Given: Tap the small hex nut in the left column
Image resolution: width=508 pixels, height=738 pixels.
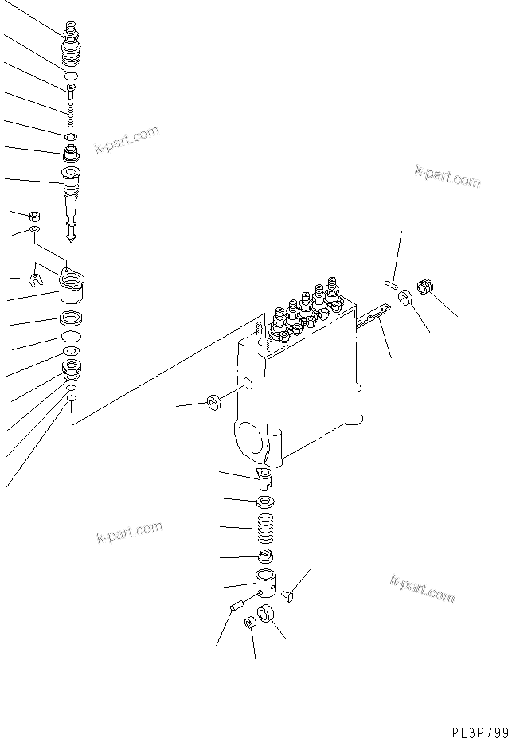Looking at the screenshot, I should pyautogui.click(x=35, y=215).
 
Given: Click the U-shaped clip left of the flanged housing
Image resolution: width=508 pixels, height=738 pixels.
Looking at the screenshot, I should pyautogui.click(x=33, y=279).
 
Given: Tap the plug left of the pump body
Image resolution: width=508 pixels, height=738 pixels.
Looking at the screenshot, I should pyautogui.click(x=214, y=401).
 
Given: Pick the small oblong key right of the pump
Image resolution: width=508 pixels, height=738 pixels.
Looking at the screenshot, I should pyautogui.click(x=390, y=281).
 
